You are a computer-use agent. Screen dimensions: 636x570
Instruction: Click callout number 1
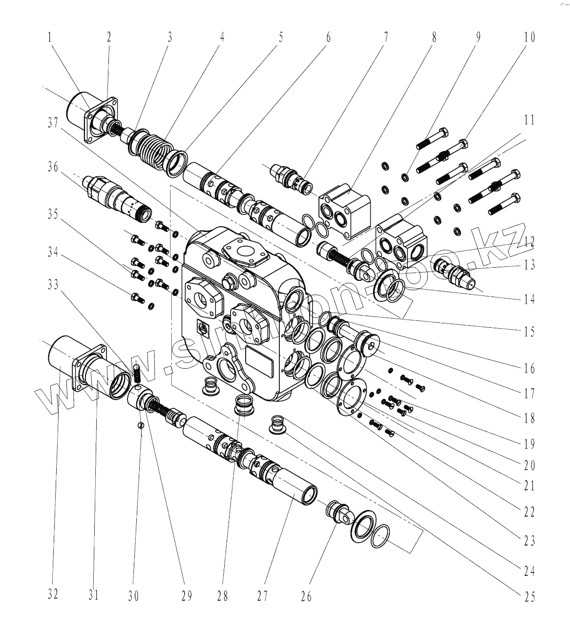50,38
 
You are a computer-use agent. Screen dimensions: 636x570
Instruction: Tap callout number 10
529,38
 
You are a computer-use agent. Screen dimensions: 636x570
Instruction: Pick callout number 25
529,596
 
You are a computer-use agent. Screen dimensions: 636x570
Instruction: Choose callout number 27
262,596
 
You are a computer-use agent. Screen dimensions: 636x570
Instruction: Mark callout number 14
529,299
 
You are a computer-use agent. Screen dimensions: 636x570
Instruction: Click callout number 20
529,465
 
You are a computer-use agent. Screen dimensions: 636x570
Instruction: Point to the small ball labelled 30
141,424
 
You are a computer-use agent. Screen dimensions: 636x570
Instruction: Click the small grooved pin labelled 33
137,374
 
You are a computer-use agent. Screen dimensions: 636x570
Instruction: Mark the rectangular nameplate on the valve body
260,361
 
